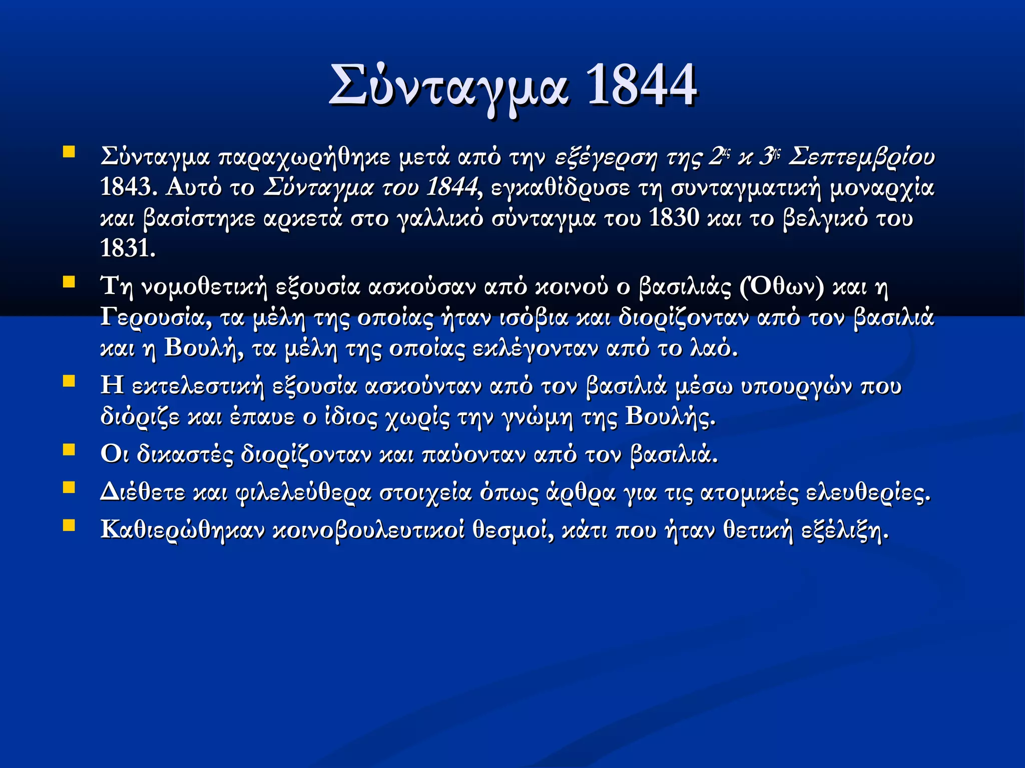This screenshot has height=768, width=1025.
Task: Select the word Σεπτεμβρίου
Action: [x=861, y=156]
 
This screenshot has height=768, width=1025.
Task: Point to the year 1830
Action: [x=674, y=218]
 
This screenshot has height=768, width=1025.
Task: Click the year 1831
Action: [x=128, y=248]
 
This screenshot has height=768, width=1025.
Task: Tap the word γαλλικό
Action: [x=440, y=218]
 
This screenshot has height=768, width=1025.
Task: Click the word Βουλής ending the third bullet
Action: [x=670, y=416]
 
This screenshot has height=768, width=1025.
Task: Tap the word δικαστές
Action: [x=185, y=454]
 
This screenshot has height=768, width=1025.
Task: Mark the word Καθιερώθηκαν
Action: [x=182, y=530]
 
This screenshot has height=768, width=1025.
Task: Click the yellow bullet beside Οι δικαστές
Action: [x=69, y=450]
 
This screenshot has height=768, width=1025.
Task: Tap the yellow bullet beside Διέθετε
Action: [x=69, y=487]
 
